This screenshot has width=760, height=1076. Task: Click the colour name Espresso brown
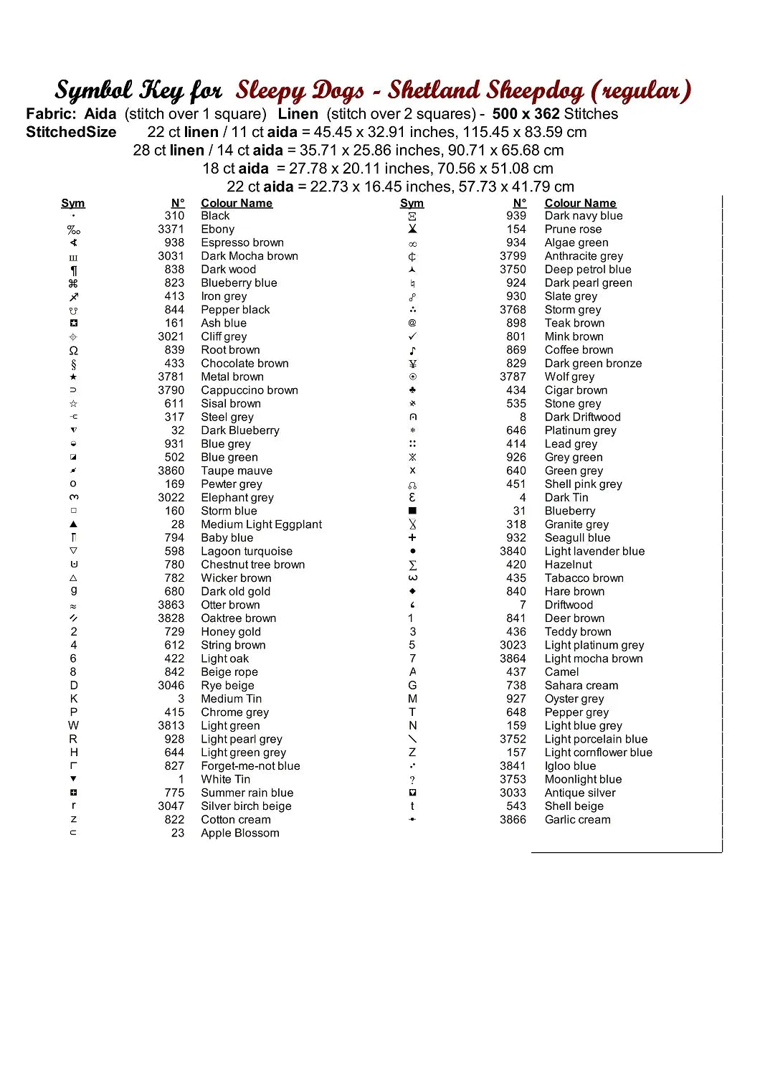(x=242, y=242)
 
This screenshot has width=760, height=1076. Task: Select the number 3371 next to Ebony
(x=171, y=229)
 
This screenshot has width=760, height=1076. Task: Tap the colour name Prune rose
(x=573, y=229)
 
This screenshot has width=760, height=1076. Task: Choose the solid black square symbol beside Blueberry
(x=412, y=511)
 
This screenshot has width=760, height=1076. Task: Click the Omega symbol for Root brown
(x=73, y=350)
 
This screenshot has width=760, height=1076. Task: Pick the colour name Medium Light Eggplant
(x=261, y=524)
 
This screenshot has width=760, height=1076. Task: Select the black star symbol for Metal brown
(x=73, y=377)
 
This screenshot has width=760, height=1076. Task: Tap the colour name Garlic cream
(x=577, y=819)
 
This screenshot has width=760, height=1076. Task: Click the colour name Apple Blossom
(x=239, y=833)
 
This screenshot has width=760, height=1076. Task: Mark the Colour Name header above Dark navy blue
(x=580, y=203)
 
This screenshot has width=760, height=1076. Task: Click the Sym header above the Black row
(x=73, y=203)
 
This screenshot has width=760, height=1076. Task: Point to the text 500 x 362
(x=526, y=113)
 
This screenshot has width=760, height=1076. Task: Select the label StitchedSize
(x=71, y=132)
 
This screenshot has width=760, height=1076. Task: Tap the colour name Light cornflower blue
(x=598, y=752)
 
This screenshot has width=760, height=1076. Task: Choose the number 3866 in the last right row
(x=513, y=819)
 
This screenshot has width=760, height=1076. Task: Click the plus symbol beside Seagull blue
(x=412, y=537)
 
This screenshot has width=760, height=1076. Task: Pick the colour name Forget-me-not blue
(x=250, y=766)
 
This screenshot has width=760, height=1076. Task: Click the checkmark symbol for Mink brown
(x=412, y=336)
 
